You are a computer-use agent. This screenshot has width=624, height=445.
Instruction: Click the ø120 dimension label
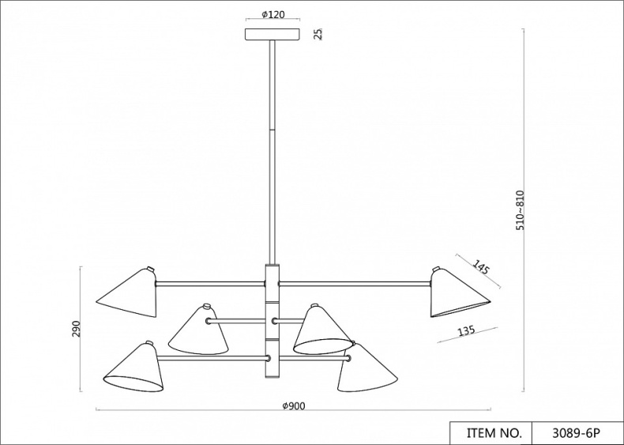(273, 15)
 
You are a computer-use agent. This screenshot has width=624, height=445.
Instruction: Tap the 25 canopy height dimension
(318, 33)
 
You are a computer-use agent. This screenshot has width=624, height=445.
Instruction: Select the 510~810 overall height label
(520, 210)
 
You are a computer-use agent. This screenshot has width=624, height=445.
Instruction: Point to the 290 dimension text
(77, 329)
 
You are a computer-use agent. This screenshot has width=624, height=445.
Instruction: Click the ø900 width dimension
(293, 405)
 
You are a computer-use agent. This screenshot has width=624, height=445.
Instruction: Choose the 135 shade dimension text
(466, 331)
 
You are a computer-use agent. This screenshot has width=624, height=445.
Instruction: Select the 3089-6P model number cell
(577, 433)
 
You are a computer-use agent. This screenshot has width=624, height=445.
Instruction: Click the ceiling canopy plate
(273, 34)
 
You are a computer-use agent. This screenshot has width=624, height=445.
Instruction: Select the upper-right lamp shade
(458, 293)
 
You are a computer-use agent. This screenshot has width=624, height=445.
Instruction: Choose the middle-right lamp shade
(320, 330)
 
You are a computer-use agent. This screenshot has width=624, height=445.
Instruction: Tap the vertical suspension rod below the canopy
(273, 150)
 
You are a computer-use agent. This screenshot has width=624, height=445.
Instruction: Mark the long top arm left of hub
(209, 282)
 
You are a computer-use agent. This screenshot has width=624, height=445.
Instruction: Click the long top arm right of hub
(355, 282)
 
